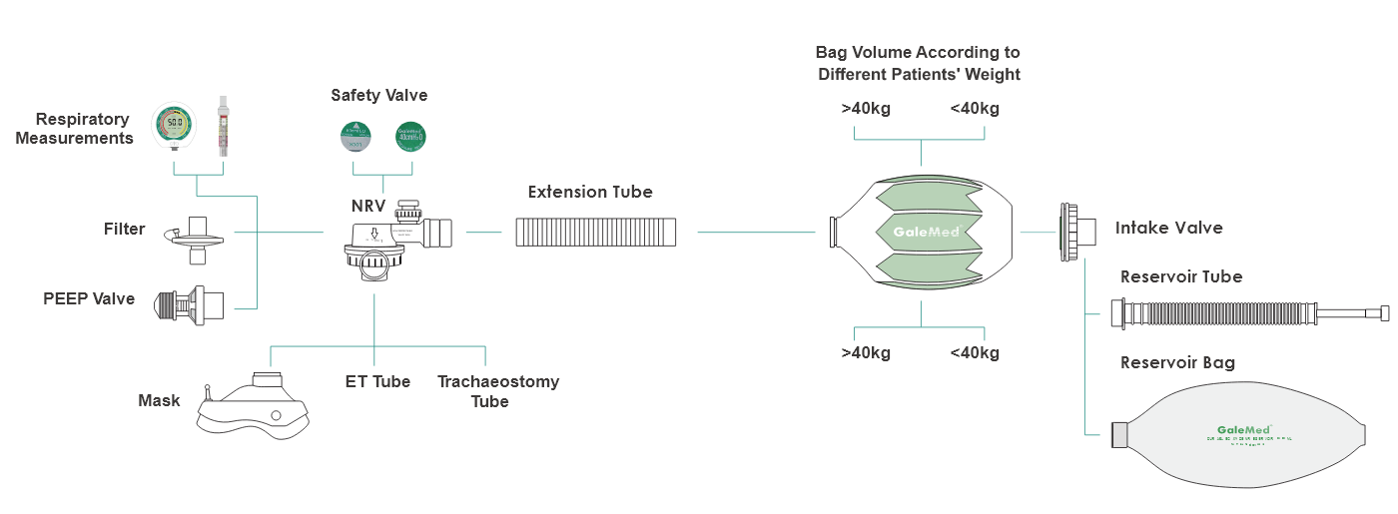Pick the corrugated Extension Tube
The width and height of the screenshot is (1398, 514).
click(596, 233)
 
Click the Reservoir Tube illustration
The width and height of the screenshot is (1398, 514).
click(1248, 314)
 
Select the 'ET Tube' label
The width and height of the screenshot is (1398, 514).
click(377, 381)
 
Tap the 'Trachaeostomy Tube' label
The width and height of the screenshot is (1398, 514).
click(498, 391)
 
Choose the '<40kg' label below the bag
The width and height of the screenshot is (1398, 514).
click(974, 352)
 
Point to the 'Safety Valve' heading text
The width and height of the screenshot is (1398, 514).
click(379, 96)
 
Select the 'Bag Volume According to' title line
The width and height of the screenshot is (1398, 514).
click(918, 52)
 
